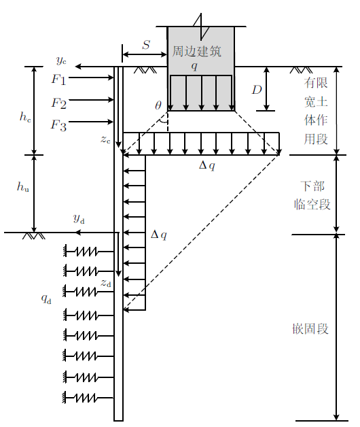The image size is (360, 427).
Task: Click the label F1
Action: pyautogui.click(x=59, y=80)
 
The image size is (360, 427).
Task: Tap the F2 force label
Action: pyautogui.click(x=59, y=103)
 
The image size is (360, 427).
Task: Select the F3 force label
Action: pyautogui.click(x=58, y=126)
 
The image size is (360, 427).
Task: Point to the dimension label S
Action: pyautogui.click(x=146, y=45)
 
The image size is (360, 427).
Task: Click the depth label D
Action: pyautogui.click(x=257, y=90)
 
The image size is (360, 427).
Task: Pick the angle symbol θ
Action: pyautogui.click(x=158, y=105)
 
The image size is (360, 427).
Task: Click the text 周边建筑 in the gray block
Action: pyautogui.click(x=196, y=52)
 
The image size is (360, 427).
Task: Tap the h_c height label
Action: pyautogui.click(x=25, y=116)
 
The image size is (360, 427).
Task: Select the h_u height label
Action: pyautogui.click(x=23, y=186)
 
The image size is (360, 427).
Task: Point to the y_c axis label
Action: pyautogui.click(x=61, y=61)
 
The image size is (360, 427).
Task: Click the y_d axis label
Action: pyautogui.click(x=79, y=219)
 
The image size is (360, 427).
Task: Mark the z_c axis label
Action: pyautogui.click(x=105, y=139)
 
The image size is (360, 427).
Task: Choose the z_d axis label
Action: pyautogui.click(x=106, y=284)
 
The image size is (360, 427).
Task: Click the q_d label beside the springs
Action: pyautogui.click(x=46, y=299)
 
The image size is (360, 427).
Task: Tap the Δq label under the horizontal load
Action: pyautogui.click(x=207, y=166)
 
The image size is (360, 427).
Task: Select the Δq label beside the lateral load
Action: pyautogui.click(x=159, y=235)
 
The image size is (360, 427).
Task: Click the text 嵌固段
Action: pyautogui.click(x=310, y=329)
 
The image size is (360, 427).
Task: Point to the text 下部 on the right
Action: pyautogui.click(x=312, y=186)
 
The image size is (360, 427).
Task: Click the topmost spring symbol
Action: pyautogui.click(x=88, y=252)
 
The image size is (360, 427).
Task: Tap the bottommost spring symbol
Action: pyautogui.click(x=88, y=398)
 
